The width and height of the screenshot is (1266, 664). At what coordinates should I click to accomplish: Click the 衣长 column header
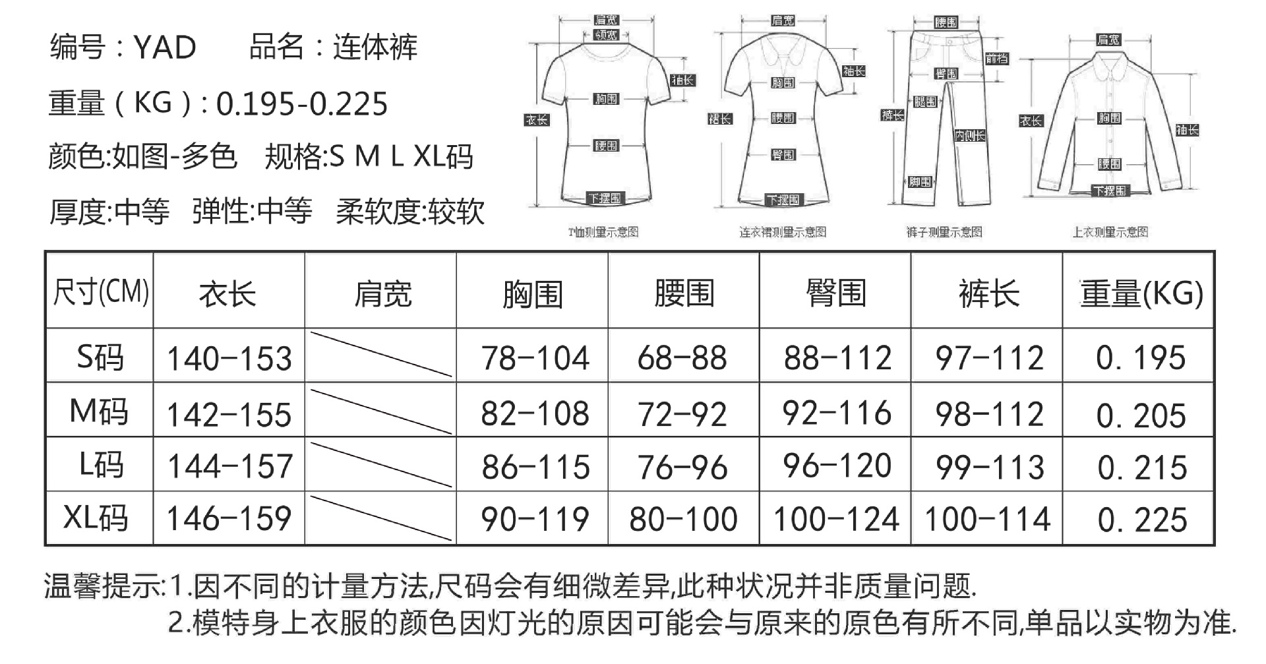[227, 293]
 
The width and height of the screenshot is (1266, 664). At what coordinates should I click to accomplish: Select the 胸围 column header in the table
[532, 293]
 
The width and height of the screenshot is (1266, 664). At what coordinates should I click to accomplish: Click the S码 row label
[100, 357]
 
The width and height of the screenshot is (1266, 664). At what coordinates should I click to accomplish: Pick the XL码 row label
[96, 518]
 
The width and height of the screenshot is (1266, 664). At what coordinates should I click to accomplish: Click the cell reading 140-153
[229, 359]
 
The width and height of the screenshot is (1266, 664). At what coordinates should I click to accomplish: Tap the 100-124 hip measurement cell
[836, 519]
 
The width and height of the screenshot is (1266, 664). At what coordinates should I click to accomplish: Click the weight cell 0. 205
[1141, 415]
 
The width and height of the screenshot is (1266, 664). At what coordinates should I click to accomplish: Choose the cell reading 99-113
[990, 468]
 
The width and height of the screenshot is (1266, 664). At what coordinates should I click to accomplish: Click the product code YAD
[165, 47]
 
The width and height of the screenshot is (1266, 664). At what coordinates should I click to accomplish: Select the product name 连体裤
[375, 47]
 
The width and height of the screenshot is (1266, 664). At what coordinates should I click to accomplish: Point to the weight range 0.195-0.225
[302, 104]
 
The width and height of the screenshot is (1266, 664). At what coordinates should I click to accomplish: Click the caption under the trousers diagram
[944, 232]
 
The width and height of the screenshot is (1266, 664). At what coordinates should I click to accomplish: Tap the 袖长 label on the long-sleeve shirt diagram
[1187, 130]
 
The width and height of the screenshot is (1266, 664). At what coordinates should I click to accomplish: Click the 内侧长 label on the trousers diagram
[970, 136]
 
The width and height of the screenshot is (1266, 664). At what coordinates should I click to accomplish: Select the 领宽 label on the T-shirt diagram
[606, 36]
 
